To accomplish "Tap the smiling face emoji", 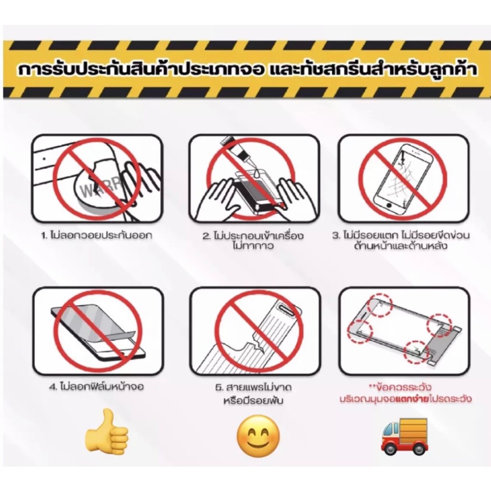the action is coord(258,436).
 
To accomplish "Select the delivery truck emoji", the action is coord(404,436).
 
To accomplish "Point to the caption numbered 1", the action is coord(97,235).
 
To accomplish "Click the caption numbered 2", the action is coord(253,240).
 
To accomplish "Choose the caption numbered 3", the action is coord(401,240).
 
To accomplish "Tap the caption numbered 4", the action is coord(96,387).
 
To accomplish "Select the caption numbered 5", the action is coord(253,394).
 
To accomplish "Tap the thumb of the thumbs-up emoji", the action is coord(107,419).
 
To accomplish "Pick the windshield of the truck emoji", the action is coord(388,429).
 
